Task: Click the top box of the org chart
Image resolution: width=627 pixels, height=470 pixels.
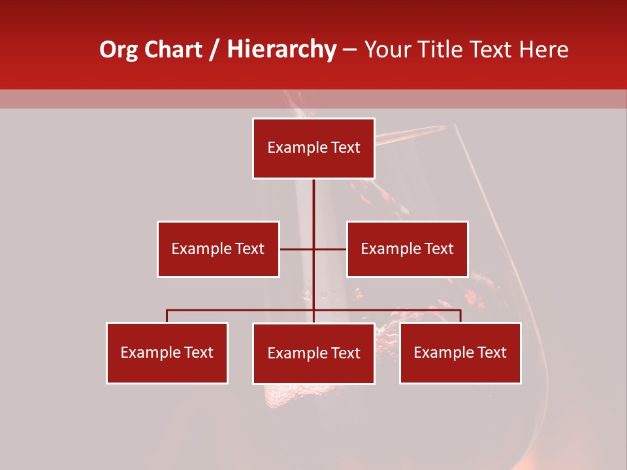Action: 313,148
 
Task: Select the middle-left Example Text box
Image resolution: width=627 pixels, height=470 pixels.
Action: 218,249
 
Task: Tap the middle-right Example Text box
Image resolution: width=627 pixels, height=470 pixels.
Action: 407,249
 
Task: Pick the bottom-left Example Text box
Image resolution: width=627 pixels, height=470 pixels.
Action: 167,352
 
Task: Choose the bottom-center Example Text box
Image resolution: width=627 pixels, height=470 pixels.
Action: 313,353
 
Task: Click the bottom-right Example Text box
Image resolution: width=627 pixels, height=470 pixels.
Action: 460,352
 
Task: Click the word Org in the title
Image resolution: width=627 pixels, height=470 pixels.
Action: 118,50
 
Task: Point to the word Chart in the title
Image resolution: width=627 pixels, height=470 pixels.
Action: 173,50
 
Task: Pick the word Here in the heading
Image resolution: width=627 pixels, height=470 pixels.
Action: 545,50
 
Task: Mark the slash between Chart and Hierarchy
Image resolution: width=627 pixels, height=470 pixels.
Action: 214,50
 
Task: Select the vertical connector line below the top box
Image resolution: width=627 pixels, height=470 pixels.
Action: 313,202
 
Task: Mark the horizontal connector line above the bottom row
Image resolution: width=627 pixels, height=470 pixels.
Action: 242,310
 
